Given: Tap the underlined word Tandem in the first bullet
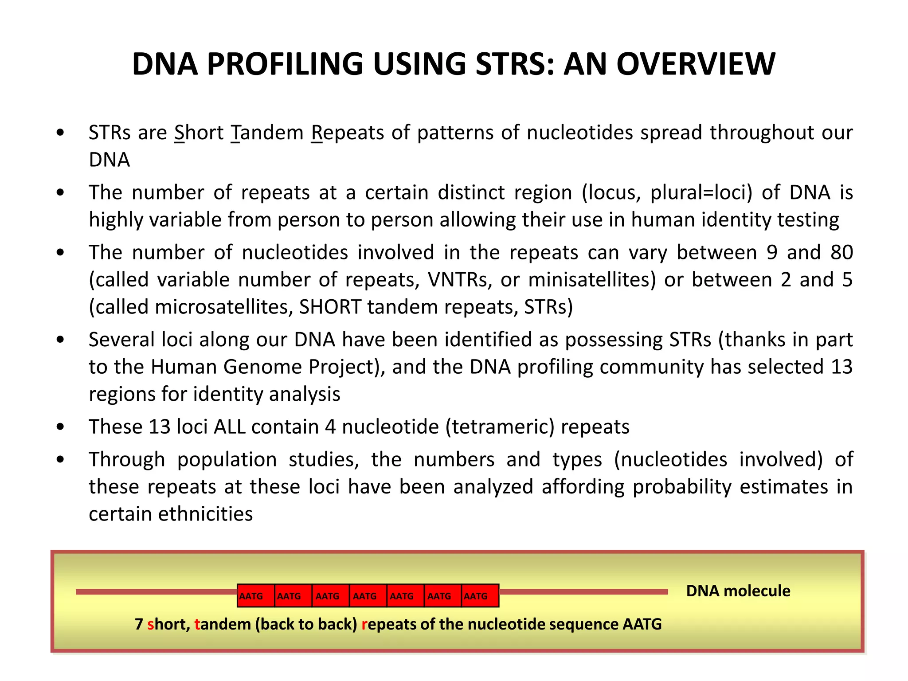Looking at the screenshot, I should pyautogui.click(x=267, y=133).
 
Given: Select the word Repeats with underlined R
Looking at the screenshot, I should pyautogui.click(x=347, y=133).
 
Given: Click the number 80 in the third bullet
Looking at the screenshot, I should pyautogui.click(x=841, y=252).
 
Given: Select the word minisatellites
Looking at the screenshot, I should pyautogui.click(x=592, y=280).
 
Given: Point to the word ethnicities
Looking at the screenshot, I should pyautogui.click(x=205, y=514).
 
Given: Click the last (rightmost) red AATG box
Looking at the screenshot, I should pyautogui.click(x=480, y=595).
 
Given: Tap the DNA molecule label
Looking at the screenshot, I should pyautogui.click(x=738, y=591).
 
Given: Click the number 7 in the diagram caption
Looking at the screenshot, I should pyautogui.click(x=139, y=624).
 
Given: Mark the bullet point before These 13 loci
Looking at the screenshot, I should pyautogui.click(x=61, y=427).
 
